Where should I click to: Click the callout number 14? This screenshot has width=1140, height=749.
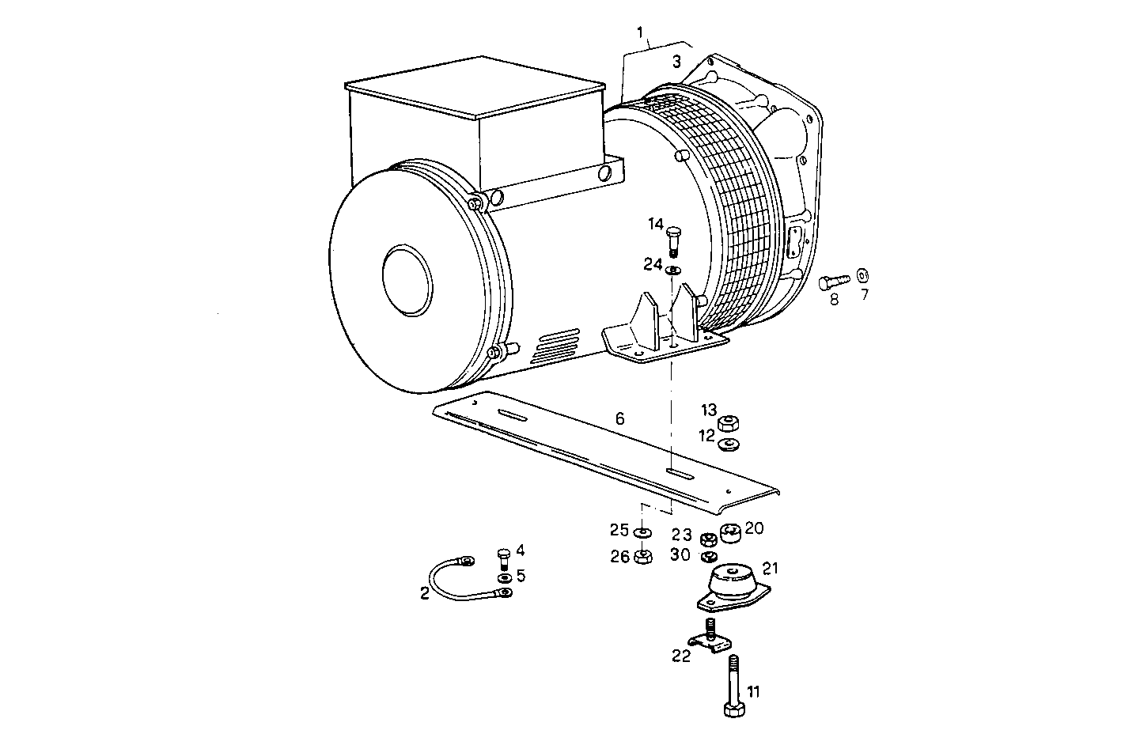655,225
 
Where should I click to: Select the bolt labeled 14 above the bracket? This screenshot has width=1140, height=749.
673,240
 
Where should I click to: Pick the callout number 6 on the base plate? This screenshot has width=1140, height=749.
619,418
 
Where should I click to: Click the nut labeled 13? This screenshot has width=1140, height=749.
729,422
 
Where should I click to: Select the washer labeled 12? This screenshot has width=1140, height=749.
729,443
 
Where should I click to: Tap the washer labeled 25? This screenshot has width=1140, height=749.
643,530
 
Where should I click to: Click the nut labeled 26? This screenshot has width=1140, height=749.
643,557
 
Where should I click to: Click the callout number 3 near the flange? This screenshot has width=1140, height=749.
676,61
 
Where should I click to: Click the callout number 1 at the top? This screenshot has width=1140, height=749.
640,32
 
